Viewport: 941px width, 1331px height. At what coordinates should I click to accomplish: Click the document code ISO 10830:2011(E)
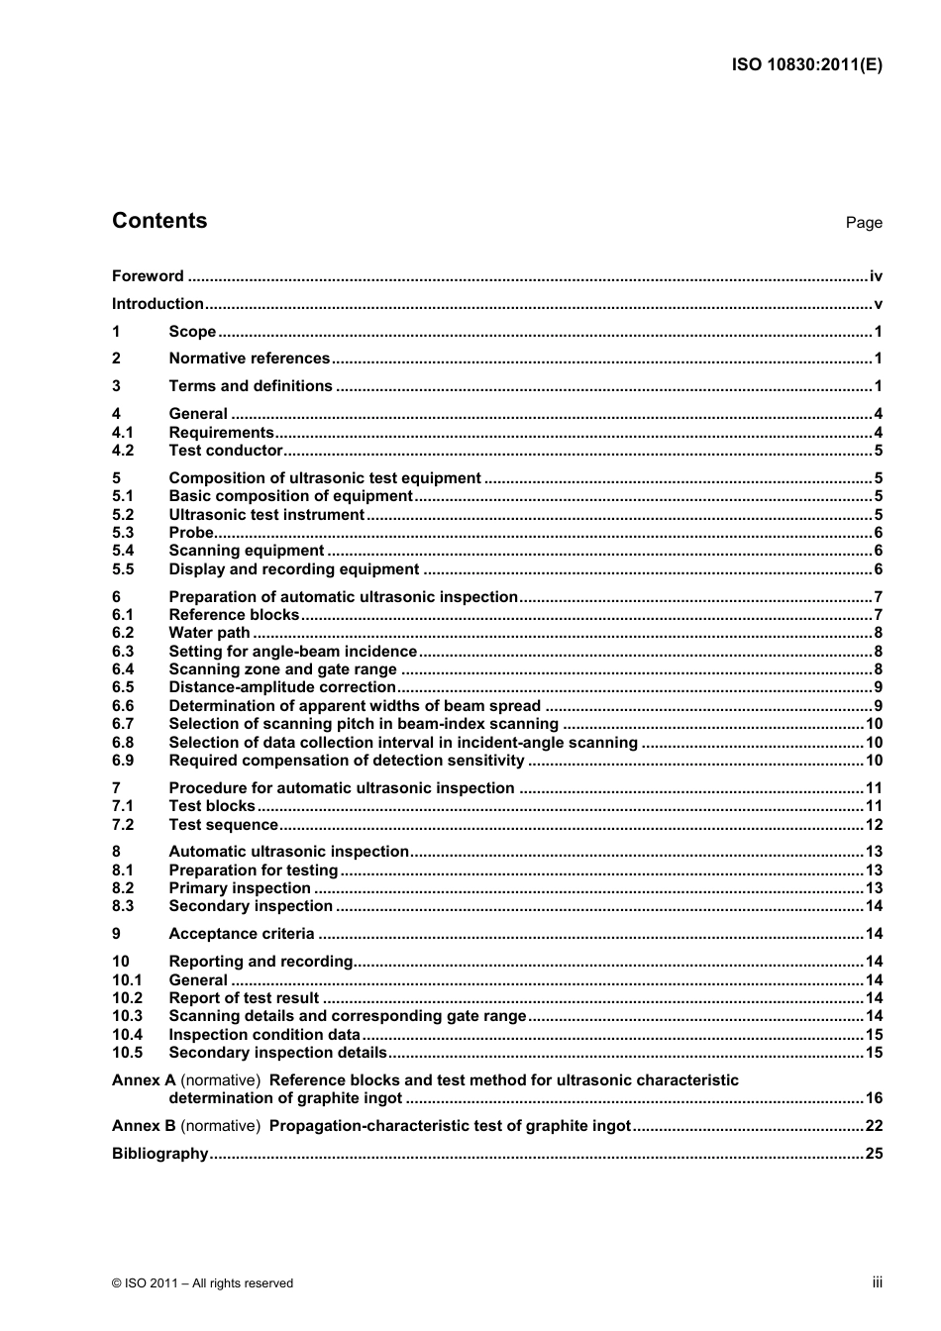[x=806, y=65]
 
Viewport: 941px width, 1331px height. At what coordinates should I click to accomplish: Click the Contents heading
[x=159, y=221]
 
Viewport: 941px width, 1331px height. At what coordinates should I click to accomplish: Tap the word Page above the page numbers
[x=863, y=223]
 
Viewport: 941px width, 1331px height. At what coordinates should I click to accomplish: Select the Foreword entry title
[x=148, y=276]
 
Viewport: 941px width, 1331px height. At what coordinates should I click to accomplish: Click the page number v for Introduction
[x=878, y=304]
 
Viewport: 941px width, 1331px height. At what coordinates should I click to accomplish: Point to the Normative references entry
[x=249, y=358]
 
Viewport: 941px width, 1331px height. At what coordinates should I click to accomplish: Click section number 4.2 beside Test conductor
[x=123, y=451]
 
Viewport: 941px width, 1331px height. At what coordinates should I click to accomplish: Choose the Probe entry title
[x=191, y=533]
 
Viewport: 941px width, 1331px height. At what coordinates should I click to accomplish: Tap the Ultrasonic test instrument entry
[x=266, y=515]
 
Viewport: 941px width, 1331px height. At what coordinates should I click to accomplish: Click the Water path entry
[x=209, y=633]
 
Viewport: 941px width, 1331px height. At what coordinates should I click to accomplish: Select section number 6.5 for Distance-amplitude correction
[x=123, y=687]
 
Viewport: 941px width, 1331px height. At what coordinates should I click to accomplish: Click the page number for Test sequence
[x=874, y=825]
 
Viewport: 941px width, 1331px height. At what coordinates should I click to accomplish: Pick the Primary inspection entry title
[x=240, y=888]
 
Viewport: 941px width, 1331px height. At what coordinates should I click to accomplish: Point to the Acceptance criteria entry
[x=242, y=934]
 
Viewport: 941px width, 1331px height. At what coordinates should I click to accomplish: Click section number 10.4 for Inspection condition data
[x=127, y=1035]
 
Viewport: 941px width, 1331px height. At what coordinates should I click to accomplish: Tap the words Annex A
[x=144, y=1080]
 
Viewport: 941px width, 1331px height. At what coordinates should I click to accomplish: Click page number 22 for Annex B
[x=874, y=1126]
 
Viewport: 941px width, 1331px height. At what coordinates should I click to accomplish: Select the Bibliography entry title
[x=160, y=1154]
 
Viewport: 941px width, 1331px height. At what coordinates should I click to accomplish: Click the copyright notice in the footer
[x=202, y=1283]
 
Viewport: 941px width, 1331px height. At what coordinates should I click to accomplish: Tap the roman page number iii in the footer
[x=877, y=1282]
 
